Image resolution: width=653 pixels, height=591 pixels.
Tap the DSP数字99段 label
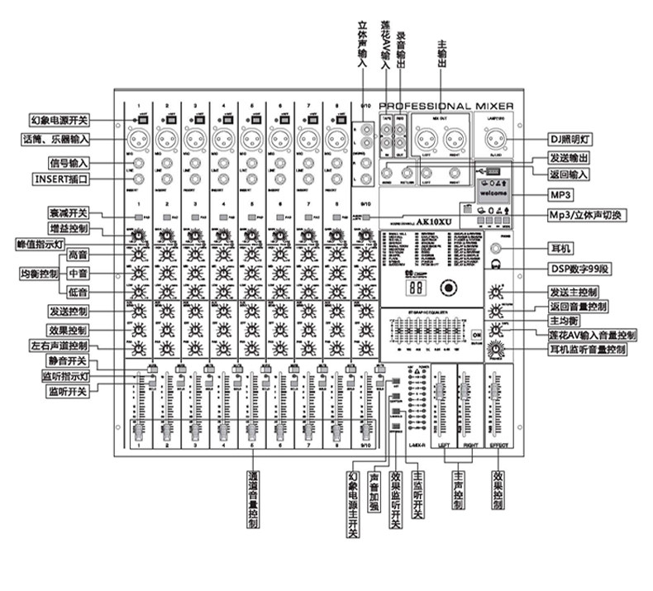pos(579,268)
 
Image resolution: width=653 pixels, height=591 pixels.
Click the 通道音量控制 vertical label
pos(252,500)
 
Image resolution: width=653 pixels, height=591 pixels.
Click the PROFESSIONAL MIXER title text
pos(446,106)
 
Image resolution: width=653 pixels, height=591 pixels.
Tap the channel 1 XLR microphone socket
pos(139,137)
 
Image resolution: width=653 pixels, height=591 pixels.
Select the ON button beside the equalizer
pos(477,334)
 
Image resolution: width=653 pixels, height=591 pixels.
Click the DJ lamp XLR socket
pos(494,137)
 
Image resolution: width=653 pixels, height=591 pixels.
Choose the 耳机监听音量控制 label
pos(586,350)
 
